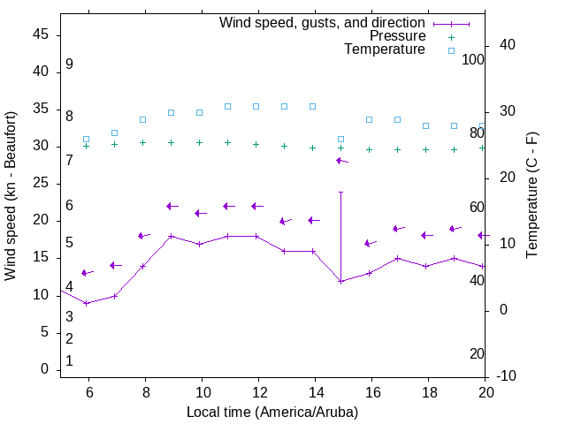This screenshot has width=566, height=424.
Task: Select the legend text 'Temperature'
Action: point(385,49)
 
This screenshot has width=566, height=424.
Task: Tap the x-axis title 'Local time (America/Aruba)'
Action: point(272,412)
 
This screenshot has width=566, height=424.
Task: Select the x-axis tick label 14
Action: point(315,393)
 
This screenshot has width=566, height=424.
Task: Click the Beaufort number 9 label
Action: point(69,64)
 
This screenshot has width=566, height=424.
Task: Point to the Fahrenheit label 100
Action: point(473,59)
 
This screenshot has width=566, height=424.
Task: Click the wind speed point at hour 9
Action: point(171,236)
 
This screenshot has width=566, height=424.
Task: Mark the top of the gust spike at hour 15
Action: point(340,192)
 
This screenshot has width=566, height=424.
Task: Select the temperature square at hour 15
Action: point(340,139)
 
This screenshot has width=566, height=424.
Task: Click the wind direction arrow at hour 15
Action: point(341,161)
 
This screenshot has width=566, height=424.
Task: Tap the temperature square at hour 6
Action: point(86,139)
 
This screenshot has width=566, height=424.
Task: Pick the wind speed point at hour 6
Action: point(86,303)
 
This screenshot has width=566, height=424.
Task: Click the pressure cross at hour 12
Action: point(256,144)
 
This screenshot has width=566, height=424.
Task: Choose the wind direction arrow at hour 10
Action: point(200,213)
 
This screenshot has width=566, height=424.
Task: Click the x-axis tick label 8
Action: point(145,393)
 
